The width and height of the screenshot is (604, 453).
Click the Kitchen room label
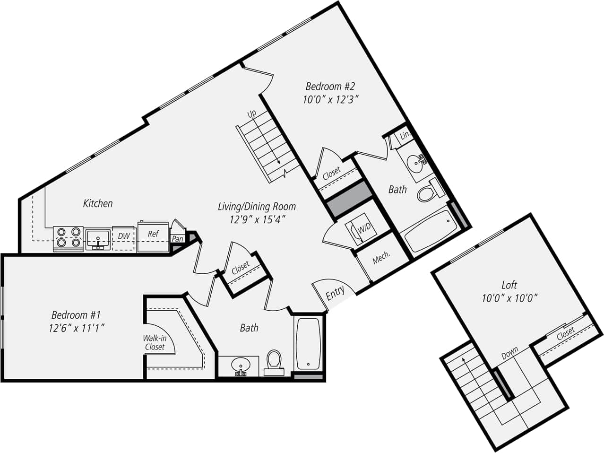click(x=98, y=203)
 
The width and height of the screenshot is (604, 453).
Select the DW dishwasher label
click(x=124, y=236)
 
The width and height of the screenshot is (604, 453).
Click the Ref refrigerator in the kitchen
click(x=153, y=235)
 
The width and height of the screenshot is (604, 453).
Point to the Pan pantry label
click(x=178, y=239)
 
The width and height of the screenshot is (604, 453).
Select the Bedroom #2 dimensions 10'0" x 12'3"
click(x=331, y=99)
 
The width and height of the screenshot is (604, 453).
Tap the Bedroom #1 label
click(x=76, y=315)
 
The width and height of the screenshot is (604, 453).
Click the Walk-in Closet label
click(x=155, y=342)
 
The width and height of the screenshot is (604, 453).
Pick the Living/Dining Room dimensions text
click(x=257, y=219)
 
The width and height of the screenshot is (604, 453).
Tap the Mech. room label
click(x=381, y=258)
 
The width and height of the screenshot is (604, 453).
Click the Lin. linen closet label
click(x=405, y=135)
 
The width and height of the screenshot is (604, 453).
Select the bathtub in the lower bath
click(x=309, y=344)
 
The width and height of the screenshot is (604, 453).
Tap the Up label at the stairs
click(x=252, y=114)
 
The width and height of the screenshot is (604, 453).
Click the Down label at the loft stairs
click(x=510, y=352)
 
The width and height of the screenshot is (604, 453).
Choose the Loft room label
click(x=509, y=285)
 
